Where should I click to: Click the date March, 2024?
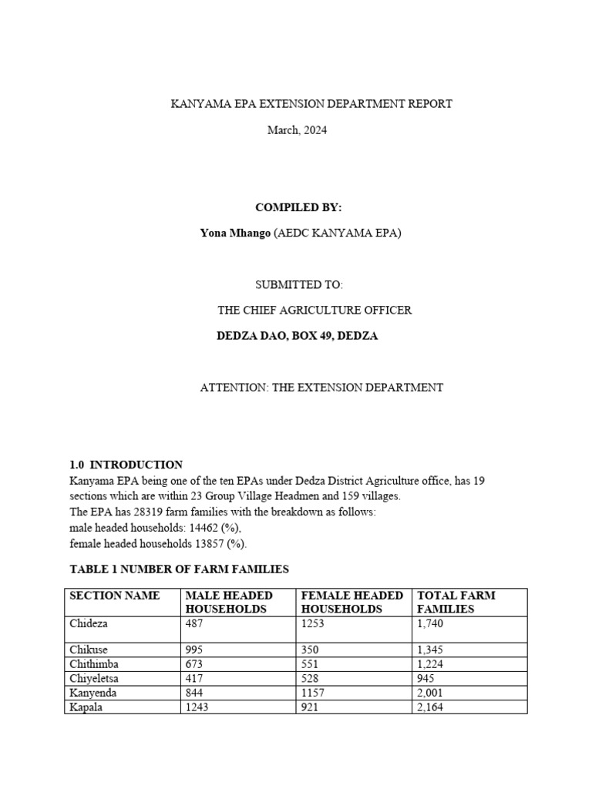click(x=297, y=130)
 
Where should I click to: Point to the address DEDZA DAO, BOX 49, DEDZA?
click(x=298, y=336)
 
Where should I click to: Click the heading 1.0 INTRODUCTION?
click(x=126, y=465)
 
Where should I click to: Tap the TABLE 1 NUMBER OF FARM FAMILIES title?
click(x=179, y=569)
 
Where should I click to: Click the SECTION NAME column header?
click(x=115, y=596)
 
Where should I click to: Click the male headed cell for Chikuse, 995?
click(x=193, y=650)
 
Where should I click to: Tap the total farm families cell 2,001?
click(x=430, y=693)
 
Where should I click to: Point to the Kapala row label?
click(x=85, y=707)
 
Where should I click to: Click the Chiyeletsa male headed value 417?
click(x=193, y=679)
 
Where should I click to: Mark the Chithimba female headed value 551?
click(x=310, y=664)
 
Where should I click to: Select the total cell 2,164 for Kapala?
click(x=430, y=707)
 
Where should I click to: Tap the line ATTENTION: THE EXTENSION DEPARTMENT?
click(x=321, y=388)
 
